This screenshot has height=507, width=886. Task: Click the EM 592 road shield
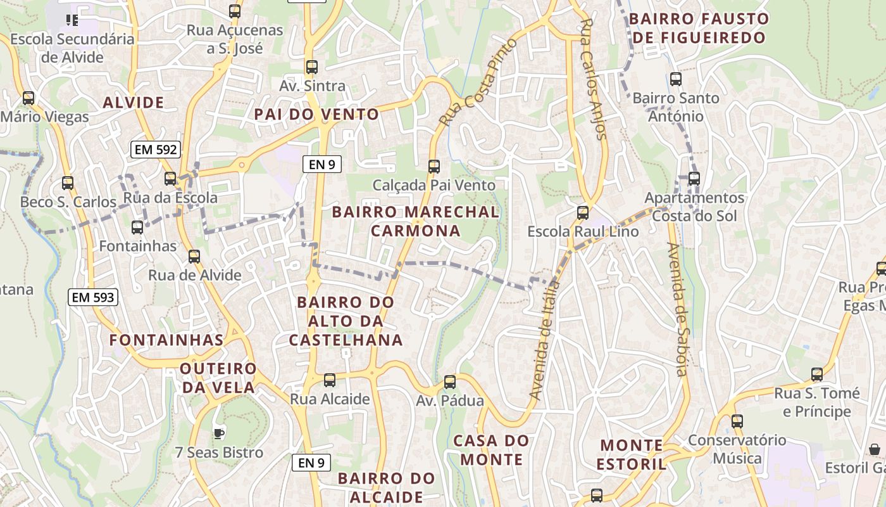click(x=156, y=150)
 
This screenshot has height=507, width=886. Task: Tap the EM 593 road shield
click(x=93, y=297)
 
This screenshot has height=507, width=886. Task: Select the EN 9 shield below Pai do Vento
click(x=321, y=164)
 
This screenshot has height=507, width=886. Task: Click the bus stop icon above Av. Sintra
click(x=311, y=67)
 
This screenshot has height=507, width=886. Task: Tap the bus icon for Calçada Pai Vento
click(x=434, y=167)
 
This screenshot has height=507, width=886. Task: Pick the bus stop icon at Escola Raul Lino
click(x=583, y=213)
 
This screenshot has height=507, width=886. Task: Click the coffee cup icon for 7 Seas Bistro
click(x=218, y=433)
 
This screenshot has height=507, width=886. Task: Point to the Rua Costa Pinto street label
click(x=478, y=81)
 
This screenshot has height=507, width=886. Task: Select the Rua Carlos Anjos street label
click(x=594, y=79)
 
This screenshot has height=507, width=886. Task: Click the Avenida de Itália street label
click(x=545, y=340)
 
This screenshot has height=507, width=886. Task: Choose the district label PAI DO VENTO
click(x=316, y=115)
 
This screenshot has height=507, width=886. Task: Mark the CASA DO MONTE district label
click(x=491, y=450)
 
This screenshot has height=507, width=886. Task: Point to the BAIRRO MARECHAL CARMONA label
click(x=416, y=221)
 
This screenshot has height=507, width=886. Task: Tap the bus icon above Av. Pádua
click(x=450, y=382)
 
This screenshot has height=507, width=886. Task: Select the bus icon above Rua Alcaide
click(x=330, y=380)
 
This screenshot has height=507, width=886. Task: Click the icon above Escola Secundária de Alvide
click(x=72, y=20)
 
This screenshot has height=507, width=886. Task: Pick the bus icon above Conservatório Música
click(x=737, y=421)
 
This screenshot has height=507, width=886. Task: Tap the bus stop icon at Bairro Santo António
click(x=676, y=79)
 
